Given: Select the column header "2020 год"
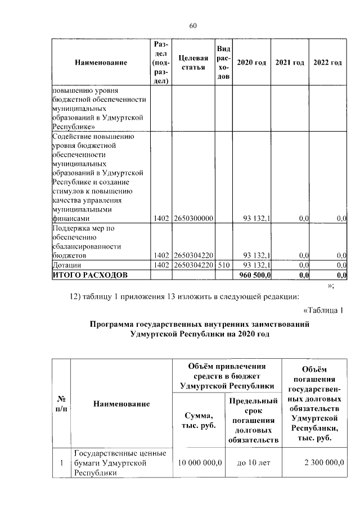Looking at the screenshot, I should pos(251,62).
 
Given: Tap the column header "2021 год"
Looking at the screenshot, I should pos(290,62).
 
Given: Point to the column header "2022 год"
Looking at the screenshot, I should pos(327,62).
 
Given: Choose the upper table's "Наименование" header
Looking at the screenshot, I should pos(101,62).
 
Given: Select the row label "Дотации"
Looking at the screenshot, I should pos(67,265).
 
